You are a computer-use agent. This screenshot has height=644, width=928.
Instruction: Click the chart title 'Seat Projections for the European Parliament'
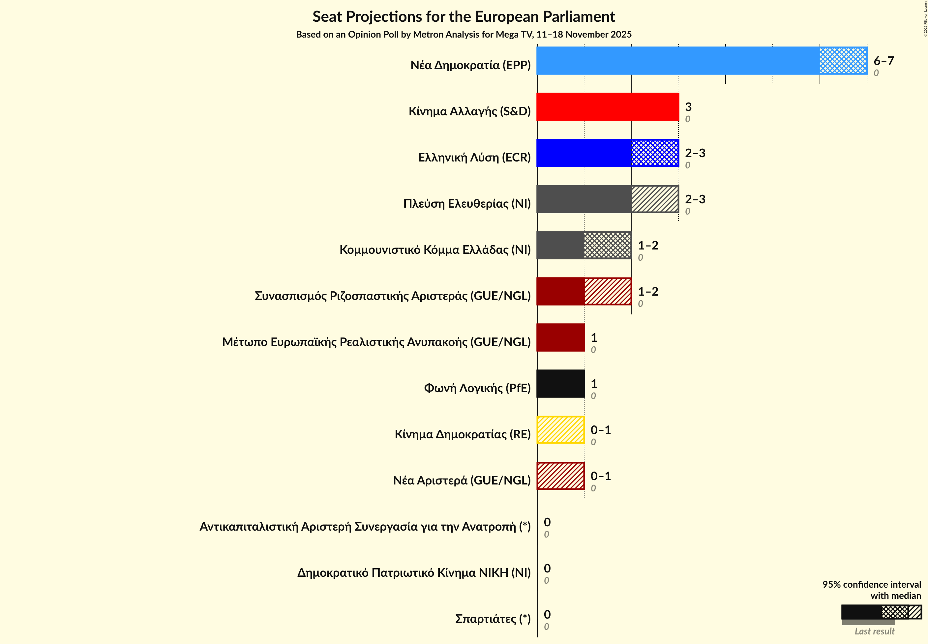coord(464,17)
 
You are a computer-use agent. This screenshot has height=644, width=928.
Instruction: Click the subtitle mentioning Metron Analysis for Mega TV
coord(464,35)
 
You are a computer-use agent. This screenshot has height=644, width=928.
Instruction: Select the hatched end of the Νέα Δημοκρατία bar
coord(843,61)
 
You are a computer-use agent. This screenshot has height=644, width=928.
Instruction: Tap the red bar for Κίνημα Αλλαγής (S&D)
coord(608,107)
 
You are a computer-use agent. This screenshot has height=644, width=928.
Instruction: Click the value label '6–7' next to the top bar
coord(883,61)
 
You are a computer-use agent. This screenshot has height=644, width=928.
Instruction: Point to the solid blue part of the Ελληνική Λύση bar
coord(584,153)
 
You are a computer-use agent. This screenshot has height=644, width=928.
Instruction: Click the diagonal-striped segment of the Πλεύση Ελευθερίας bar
coord(655,199)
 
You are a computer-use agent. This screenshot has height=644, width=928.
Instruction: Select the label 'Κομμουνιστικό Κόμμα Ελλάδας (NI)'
coord(435,250)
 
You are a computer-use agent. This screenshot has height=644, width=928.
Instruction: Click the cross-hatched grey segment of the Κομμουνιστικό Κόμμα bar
coord(607,245)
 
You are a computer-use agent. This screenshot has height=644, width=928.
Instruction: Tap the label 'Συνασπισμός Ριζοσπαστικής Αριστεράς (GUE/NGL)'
coord(392,296)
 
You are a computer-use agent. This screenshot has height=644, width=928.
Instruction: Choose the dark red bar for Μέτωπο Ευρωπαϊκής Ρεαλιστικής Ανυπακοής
coord(560,338)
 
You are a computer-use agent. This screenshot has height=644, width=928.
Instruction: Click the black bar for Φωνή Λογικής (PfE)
coord(560,384)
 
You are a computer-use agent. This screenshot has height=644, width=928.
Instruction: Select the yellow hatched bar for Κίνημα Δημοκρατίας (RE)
coord(560,430)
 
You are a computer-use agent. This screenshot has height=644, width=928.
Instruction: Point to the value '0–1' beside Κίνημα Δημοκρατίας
coord(600,430)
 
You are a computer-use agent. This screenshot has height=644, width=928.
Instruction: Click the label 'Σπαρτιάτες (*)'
coord(493,619)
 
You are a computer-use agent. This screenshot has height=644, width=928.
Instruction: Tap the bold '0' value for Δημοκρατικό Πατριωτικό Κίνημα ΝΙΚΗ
coord(547,568)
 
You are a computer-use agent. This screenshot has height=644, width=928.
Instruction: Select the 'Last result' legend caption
coord(874,631)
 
